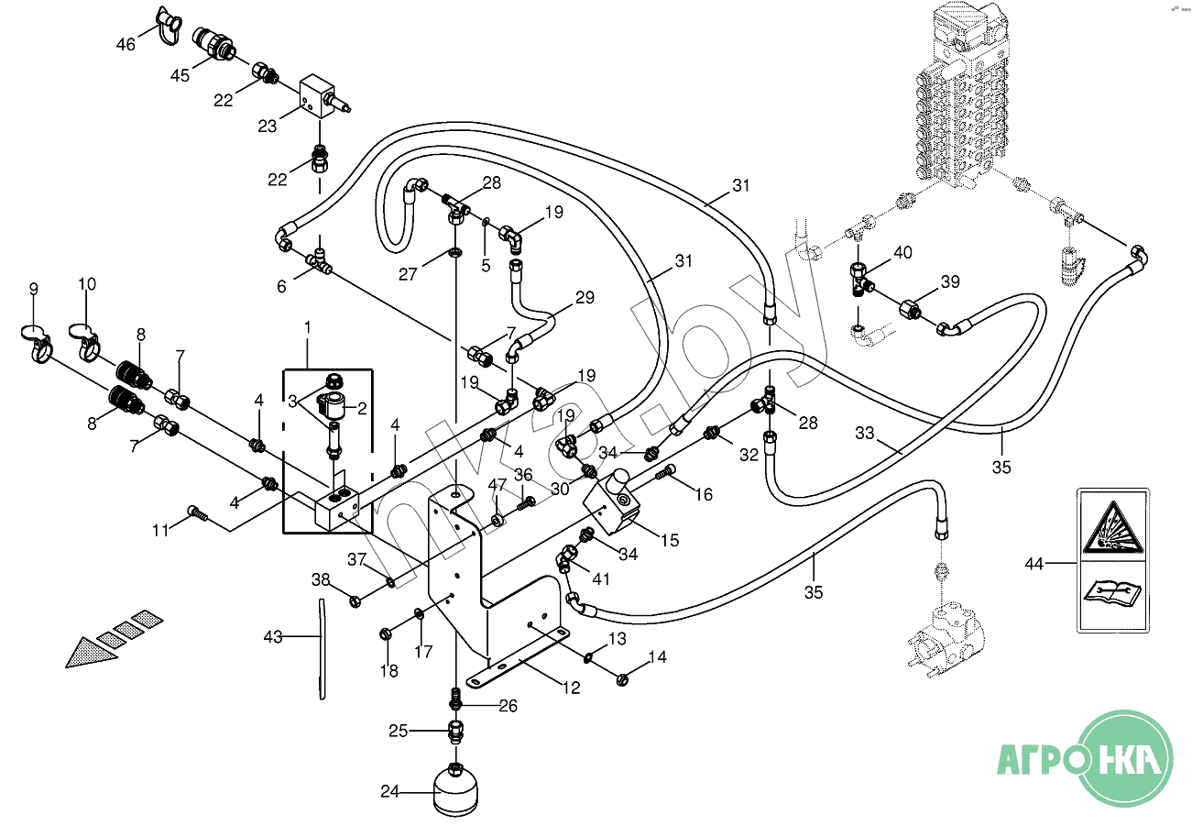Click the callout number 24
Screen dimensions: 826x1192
[x=390, y=791]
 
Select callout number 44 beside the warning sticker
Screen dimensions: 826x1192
[x=1034, y=564]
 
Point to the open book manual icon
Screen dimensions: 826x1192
[x=1110, y=593]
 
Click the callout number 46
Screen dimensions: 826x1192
[x=126, y=43]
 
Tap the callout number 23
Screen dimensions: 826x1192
[x=267, y=127]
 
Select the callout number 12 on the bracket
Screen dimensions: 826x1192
[x=572, y=688]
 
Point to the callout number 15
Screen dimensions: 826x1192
[x=670, y=540]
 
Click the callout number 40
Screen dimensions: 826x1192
[x=902, y=253]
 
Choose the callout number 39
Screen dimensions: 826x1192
[x=950, y=281]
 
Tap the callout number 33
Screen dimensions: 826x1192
[x=865, y=432]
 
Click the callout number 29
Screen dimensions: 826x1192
[x=585, y=297]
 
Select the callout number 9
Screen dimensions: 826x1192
[x=34, y=289]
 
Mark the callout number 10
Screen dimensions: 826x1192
[x=87, y=284]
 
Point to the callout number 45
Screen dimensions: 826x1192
[x=180, y=75]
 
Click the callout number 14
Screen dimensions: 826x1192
[x=658, y=656]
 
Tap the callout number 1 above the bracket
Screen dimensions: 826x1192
[x=308, y=327]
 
